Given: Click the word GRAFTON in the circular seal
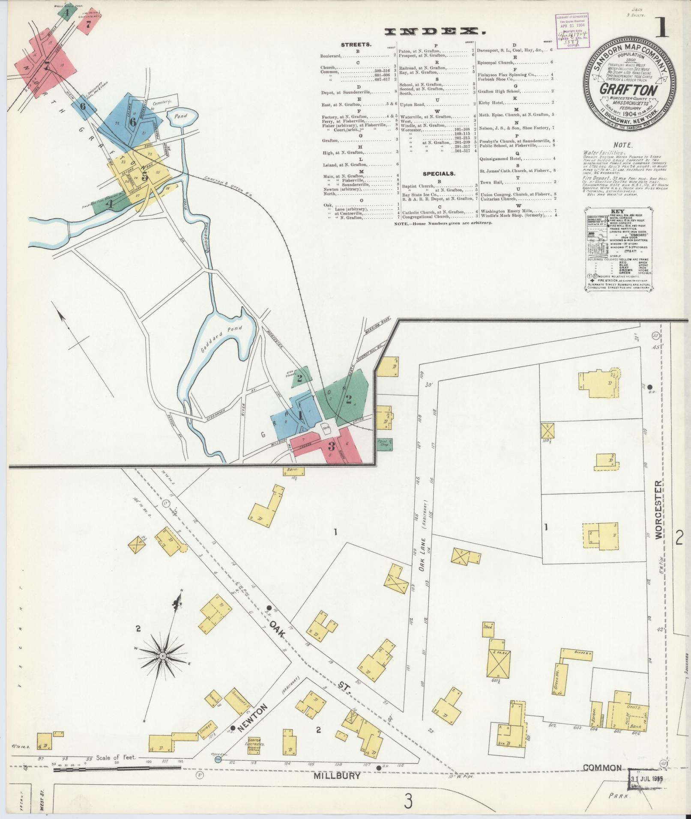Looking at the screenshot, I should (628, 90).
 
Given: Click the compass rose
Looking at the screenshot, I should (163, 667).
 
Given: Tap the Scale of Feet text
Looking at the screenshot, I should (116, 757).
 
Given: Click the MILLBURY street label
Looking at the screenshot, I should (337, 775).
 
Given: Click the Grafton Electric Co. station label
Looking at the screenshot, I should (257, 745).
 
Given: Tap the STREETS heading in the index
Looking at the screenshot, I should (356, 45).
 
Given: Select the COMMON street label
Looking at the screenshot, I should (602, 767).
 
